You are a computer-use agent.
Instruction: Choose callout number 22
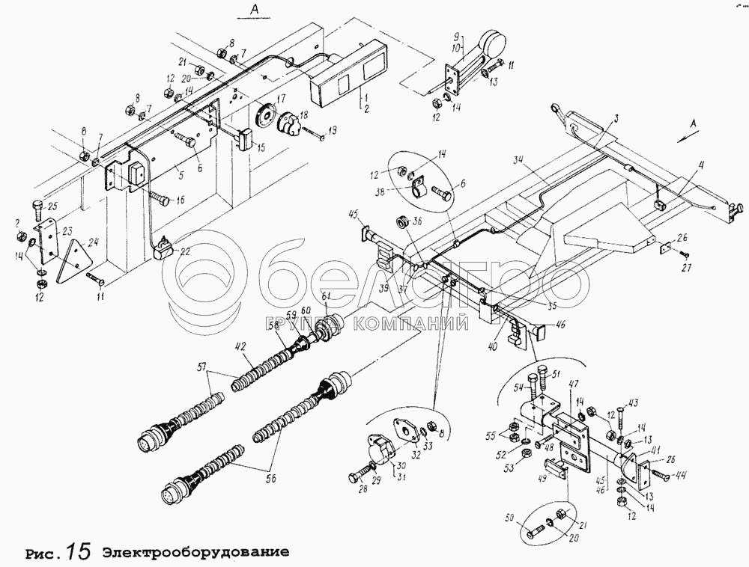point(184,251)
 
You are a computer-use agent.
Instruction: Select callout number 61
point(326,299)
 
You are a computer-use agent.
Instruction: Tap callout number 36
point(418,221)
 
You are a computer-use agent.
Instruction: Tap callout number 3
point(616,117)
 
